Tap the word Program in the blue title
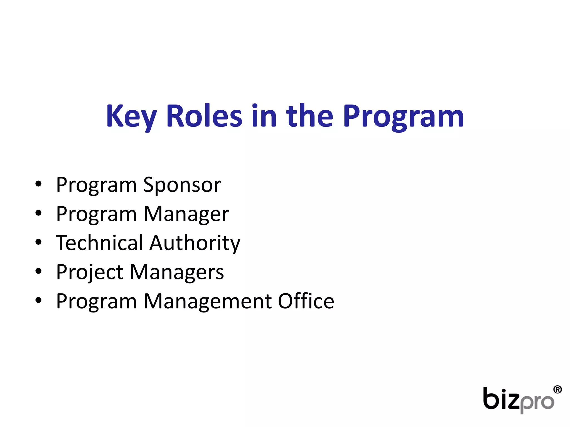[403, 117]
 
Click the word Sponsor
[182, 185]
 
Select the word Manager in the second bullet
[186, 215]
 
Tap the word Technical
[99, 243]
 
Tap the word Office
[306, 301]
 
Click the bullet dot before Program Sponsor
[38, 184]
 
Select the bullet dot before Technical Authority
[38, 242]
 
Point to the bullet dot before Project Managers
[38, 271]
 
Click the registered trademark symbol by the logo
[557, 389]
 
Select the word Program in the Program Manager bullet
[96, 215]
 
